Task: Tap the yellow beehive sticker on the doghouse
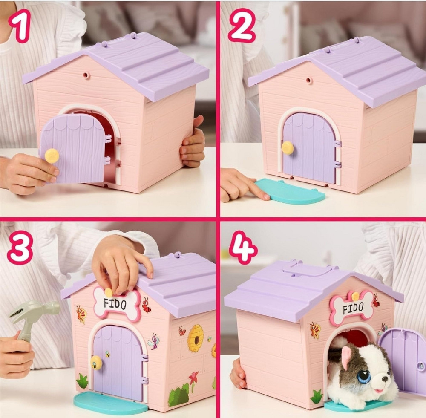pyautogui.click(x=196, y=338)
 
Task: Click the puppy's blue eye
pyautogui.click(x=364, y=376)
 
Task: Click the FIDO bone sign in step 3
pyautogui.click(x=117, y=303)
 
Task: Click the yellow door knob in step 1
pyautogui.click(x=52, y=156)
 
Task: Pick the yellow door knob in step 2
pyautogui.click(x=288, y=148)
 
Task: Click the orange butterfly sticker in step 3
pyautogui.click(x=81, y=314)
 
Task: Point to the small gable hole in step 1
pyautogui.click(x=86, y=75)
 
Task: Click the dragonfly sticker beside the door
pyautogui.click(x=154, y=341)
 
